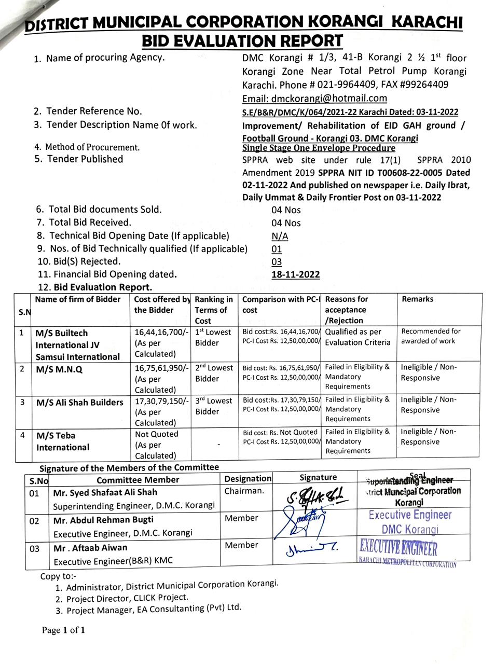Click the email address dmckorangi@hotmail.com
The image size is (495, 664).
(314, 99)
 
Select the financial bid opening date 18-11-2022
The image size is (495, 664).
(295, 275)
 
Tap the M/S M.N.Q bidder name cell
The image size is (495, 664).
(59, 369)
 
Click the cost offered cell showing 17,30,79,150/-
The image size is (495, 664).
(161, 411)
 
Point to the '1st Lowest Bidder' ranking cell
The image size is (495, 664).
(214, 337)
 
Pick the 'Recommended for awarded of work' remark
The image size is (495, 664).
(431, 336)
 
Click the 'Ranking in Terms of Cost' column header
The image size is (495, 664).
(214, 310)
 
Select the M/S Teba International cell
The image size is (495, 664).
(62, 441)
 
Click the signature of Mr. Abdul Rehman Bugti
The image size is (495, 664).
(299, 521)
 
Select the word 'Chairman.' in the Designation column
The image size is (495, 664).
(244, 491)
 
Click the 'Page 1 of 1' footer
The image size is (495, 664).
(63, 631)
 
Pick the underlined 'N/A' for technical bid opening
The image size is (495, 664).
(280, 236)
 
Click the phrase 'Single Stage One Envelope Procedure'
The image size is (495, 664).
(319, 148)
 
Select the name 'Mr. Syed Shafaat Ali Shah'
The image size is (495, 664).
(105, 492)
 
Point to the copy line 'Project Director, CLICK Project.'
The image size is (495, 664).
(127, 598)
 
